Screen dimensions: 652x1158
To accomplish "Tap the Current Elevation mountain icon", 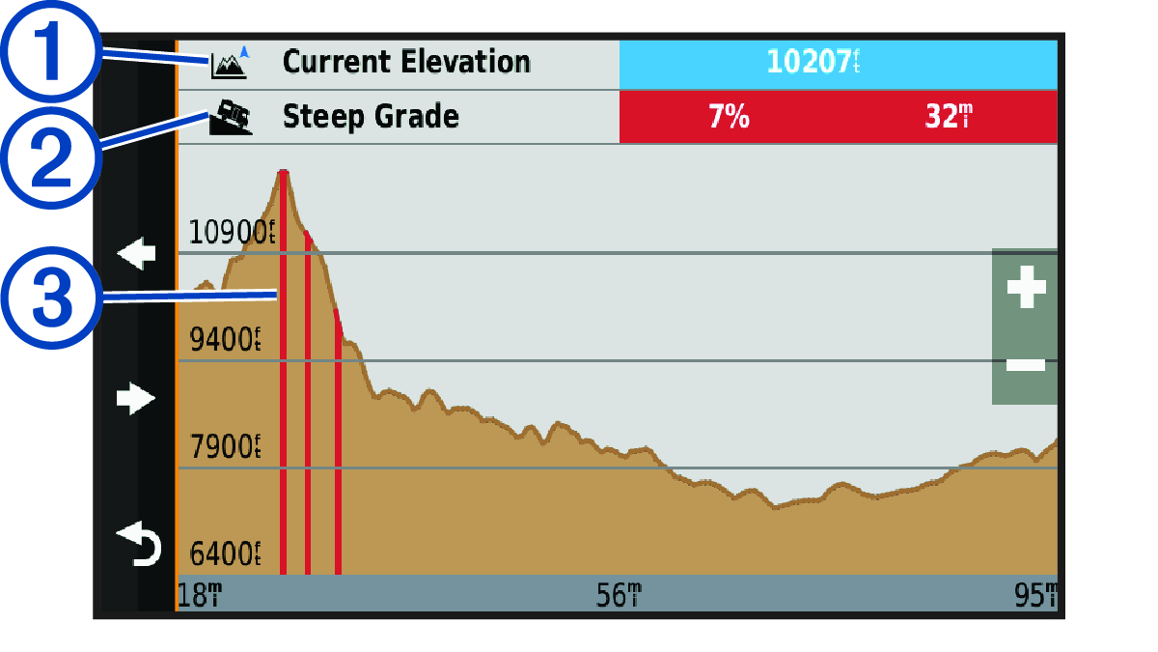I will click(230, 64).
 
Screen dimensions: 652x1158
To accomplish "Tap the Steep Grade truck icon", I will click(232, 118).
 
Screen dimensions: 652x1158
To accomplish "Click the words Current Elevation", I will click(405, 62).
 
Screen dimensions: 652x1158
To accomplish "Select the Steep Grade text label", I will click(371, 118).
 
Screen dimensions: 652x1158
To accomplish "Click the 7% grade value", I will click(730, 118).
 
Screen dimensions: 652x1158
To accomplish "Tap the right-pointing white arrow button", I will click(136, 397).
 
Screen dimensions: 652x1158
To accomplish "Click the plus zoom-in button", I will click(1025, 287).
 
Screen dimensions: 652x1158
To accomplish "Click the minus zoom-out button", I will click(1025, 364).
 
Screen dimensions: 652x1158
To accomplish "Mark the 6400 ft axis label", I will click(226, 554).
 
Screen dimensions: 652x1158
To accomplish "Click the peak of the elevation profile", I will click(283, 172).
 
